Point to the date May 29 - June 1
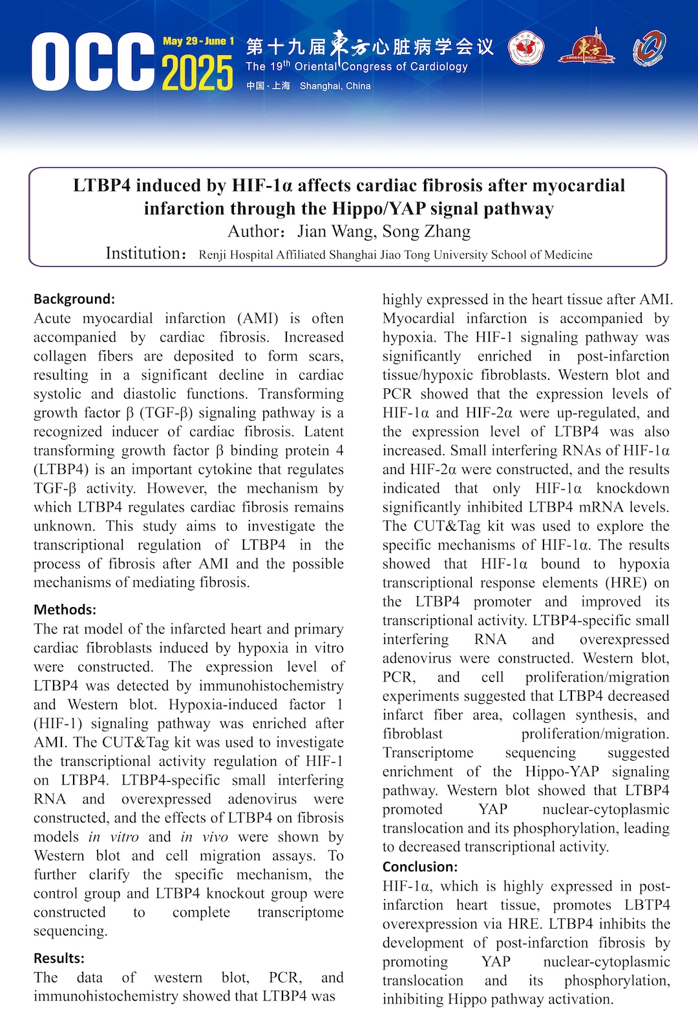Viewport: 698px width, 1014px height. tap(198, 41)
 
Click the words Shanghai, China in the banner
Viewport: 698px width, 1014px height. tap(335, 86)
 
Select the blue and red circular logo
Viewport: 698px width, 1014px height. tap(649, 48)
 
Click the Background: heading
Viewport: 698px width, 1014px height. tap(74, 299)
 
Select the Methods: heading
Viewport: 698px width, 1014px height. tap(65, 610)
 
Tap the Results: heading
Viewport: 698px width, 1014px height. tap(59, 958)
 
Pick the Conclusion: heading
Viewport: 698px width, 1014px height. tap(420, 867)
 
